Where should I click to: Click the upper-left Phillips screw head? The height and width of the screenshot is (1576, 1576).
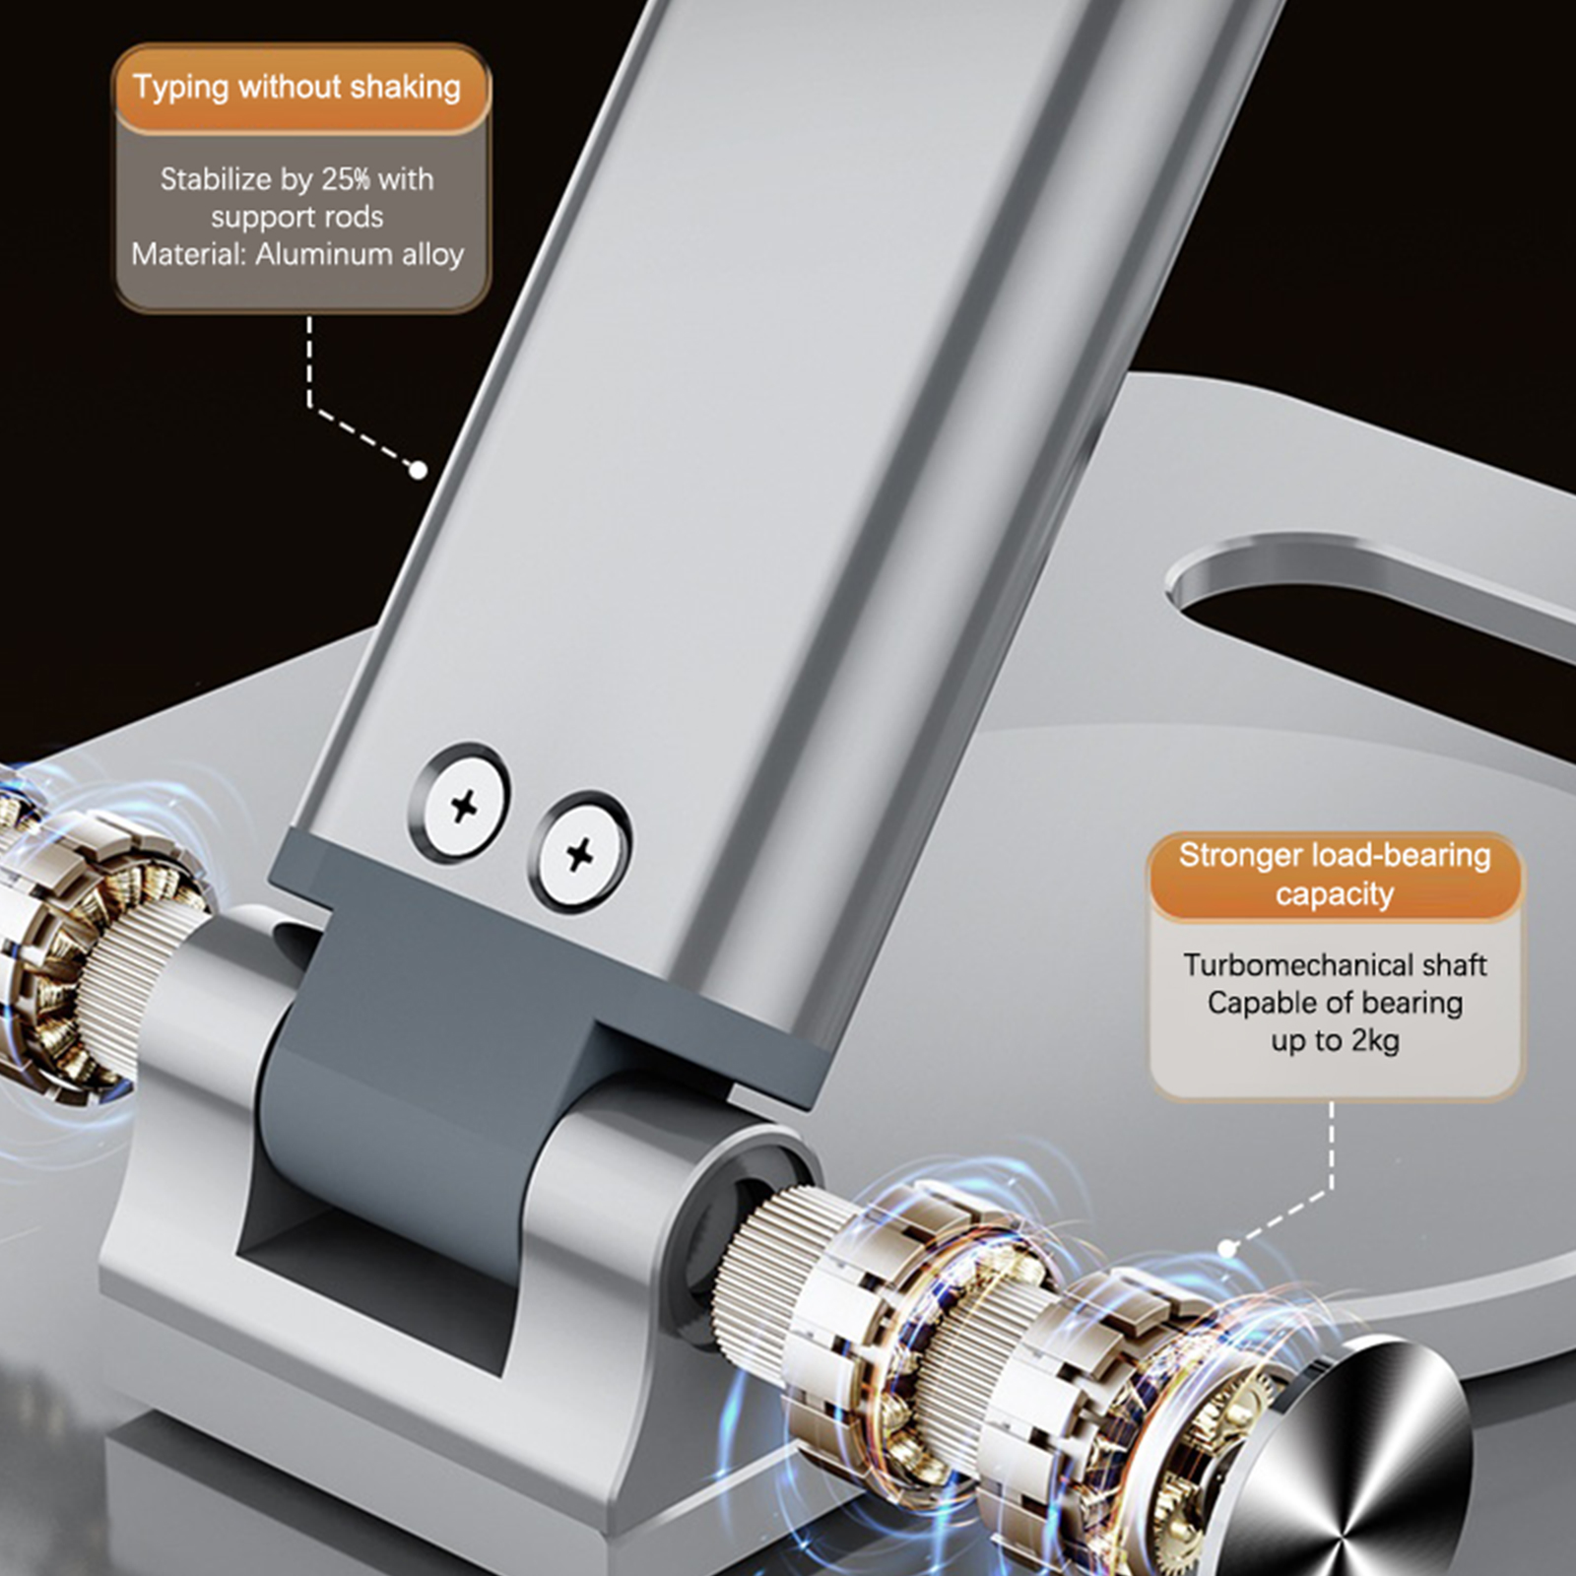[461, 805]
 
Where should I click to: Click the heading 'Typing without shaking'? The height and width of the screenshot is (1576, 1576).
[297, 87]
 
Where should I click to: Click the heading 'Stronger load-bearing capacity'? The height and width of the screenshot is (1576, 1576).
[1335, 875]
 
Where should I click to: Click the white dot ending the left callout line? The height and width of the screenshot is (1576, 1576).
[418, 470]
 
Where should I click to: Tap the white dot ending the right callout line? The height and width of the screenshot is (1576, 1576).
[1227, 1248]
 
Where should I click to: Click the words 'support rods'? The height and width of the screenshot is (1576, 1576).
[296, 217]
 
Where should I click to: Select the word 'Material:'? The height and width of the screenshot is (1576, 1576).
[188, 254]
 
